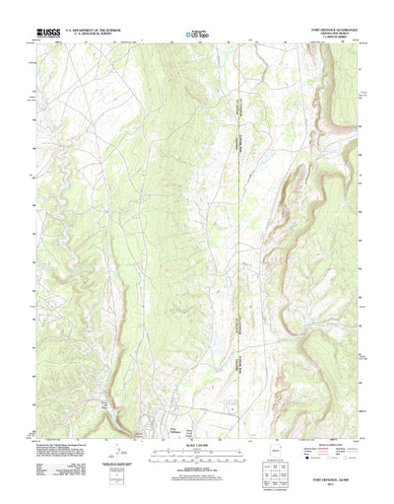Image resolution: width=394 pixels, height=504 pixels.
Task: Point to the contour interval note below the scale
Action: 196,465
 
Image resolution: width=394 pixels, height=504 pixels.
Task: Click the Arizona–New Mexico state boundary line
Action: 239,247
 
